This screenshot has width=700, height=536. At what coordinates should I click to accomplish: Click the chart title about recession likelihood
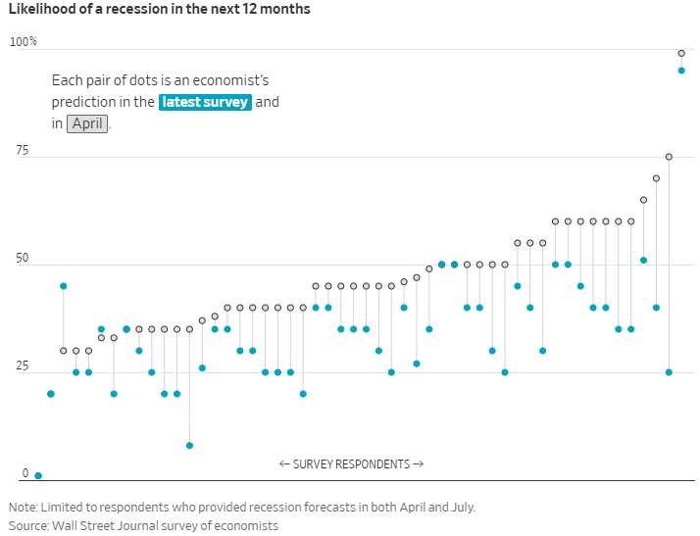tap(159, 10)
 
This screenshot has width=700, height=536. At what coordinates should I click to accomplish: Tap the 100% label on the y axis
tap(24, 42)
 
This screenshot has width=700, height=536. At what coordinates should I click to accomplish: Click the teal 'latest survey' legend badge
tap(205, 102)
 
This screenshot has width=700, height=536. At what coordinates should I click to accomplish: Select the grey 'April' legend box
tap(88, 123)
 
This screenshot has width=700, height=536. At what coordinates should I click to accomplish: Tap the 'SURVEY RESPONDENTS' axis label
tap(351, 464)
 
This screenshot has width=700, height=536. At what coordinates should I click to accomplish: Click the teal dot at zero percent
tap(38, 475)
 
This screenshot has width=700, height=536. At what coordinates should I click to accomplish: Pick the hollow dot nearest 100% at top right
tap(681, 53)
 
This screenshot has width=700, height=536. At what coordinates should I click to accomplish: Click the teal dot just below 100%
tap(681, 70)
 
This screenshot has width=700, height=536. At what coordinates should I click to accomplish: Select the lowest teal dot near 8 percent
tap(189, 445)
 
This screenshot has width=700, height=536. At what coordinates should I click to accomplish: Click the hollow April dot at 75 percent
tap(669, 157)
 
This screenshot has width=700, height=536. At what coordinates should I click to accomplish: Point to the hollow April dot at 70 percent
tap(656, 178)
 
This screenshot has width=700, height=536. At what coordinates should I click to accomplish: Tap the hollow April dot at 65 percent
tap(643, 200)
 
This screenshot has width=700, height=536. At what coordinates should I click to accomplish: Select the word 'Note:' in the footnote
tap(25, 508)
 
